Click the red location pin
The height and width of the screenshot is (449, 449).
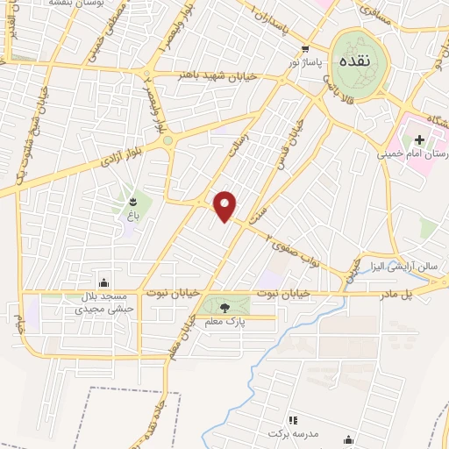226,205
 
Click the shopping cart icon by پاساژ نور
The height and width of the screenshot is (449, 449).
304,50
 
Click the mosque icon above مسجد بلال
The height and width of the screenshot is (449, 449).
104,282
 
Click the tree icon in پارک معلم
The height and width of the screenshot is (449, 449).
225,307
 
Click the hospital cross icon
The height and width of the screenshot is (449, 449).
419,139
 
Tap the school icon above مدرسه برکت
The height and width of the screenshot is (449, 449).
293,421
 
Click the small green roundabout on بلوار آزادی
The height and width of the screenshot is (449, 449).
167,140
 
